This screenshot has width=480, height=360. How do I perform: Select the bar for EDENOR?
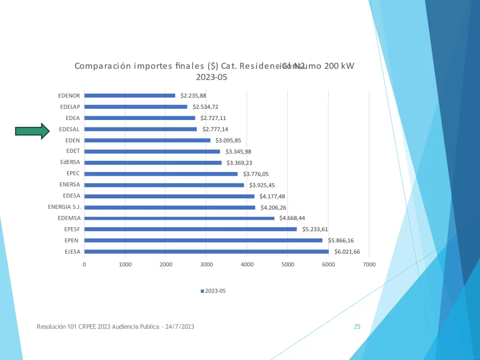coord(130,96)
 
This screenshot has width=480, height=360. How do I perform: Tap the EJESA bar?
coord(206,252)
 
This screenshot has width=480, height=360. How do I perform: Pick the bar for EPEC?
coord(161,174)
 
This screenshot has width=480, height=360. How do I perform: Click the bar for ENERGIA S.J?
coord(170,207)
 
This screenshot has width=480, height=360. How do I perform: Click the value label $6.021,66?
coord(347,252)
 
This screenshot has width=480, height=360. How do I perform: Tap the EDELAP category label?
coord(70,107)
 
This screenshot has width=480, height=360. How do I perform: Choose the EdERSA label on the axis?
coord(70,163)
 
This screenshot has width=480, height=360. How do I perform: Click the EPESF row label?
coord(72,229)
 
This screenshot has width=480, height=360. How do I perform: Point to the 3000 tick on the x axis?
coord(206,264)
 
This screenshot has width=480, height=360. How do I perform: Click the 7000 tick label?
coord(369,264)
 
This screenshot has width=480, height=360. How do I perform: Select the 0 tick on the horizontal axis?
coord(84,264)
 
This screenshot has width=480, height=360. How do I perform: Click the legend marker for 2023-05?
coord(202,291)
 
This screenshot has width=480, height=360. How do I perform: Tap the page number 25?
coord(357,327)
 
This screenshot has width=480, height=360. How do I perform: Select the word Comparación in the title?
coord(103,66)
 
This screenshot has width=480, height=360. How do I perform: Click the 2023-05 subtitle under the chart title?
coord(211,77)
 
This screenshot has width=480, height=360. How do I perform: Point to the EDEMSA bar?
coord(179,218)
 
